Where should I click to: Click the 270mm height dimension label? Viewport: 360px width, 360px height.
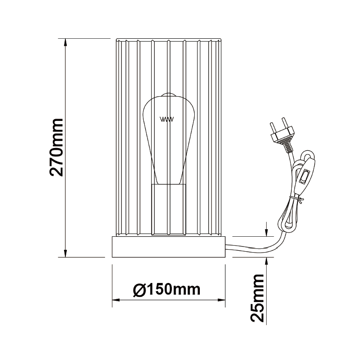point(56,148)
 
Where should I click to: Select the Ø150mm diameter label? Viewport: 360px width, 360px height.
point(167,289)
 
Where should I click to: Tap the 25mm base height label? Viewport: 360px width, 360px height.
point(257,298)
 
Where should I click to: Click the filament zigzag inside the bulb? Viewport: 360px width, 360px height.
point(167,119)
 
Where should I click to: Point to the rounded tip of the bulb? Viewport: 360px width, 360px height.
point(169,94)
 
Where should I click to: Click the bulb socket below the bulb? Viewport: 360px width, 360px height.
point(169,209)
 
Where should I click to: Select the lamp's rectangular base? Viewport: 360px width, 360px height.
point(169,247)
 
